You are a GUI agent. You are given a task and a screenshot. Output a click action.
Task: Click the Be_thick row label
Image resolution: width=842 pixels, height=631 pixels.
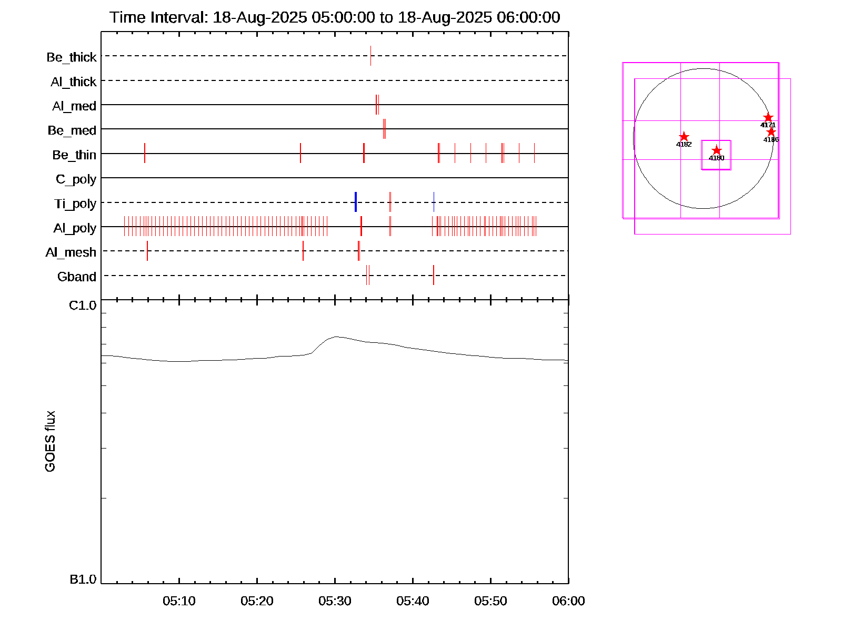coord(72,57)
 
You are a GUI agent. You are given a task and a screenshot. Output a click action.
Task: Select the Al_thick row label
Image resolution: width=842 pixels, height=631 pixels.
coord(74,82)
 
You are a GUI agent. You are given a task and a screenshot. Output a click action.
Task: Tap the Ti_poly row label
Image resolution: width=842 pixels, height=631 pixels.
coord(75,204)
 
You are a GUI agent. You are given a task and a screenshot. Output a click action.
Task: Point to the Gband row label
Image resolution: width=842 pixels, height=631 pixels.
coord(77,277)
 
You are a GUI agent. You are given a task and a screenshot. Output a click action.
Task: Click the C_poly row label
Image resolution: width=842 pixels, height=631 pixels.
coord(76,180)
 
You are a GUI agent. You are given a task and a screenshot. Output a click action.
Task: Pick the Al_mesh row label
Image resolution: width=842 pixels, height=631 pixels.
coord(71,253)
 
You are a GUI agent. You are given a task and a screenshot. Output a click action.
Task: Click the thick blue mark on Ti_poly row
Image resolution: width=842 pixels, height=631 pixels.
coord(356,202)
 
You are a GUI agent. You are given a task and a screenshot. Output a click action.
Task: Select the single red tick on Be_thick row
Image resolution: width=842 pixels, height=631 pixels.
coord(370,56)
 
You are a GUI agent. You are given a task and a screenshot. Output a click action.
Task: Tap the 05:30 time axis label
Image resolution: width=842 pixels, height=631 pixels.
coord(335,601)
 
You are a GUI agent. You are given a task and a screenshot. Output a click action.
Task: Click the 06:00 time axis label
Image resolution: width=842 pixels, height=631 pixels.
coord(568,601)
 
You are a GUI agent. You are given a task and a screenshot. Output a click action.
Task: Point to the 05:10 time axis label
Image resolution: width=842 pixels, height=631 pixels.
coord(179,601)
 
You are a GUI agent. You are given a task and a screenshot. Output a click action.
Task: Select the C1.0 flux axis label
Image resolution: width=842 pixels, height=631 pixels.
coord(83,306)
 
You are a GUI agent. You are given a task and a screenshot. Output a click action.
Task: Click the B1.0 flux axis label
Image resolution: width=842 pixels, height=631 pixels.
coord(83,579)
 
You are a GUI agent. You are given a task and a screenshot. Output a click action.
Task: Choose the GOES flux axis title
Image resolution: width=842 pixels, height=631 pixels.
coord(50,442)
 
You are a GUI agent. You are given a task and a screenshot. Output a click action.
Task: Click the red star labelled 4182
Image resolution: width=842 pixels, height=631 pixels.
coord(684,137)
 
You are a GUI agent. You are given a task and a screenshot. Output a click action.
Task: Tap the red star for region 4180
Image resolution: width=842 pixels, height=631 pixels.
coord(716,151)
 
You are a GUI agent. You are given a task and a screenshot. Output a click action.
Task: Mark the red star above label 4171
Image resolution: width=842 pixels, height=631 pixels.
coord(768,118)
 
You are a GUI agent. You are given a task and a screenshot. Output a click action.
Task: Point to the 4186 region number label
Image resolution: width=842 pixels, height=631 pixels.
coord(771,140)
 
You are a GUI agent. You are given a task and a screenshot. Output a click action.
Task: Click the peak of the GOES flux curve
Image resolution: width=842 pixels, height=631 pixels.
coord(336,337)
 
